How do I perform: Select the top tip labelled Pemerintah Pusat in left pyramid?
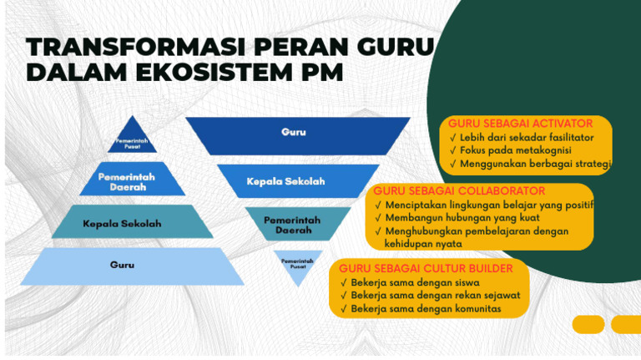(x=132, y=141)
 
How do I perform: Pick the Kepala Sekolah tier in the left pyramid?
(x=123, y=223)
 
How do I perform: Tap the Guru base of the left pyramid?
(x=122, y=265)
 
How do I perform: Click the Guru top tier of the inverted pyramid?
(x=294, y=132)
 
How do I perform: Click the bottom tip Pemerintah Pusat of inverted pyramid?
(x=297, y=263)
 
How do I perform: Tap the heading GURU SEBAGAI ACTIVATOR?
(x=520, y=124)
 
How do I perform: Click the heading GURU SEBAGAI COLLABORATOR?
(x=459, y=191)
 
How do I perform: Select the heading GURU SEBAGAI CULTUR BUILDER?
(x=426, y=268)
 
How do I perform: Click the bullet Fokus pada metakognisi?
(x=515, y=150)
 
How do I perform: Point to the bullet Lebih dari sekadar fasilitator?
(x=527, y=137)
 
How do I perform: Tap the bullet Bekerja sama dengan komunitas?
(x=426, y=308)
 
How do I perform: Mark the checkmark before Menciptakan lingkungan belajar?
(x=378, y=205)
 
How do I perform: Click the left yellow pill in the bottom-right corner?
(x=588, y=324)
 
